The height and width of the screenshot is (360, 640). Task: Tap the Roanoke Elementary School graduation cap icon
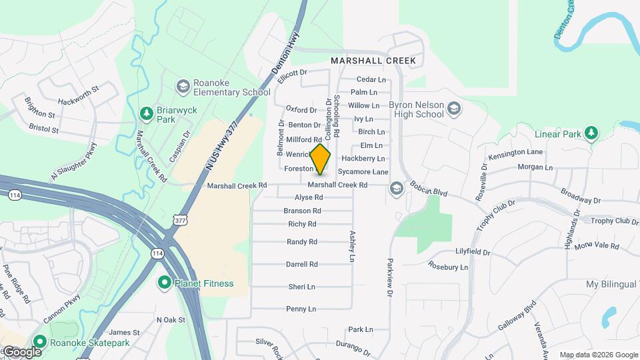(x=182, y=87)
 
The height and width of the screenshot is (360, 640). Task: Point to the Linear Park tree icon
(x=591, y=133)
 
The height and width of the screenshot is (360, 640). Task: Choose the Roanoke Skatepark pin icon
(x=39, y=343)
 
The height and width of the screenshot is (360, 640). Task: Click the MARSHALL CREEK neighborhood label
(x=373, y=61)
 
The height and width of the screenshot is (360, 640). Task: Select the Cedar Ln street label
(x=372, y=79)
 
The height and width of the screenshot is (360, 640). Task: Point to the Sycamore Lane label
(x=367, y=172)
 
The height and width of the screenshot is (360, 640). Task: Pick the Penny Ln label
(x=301, y=309)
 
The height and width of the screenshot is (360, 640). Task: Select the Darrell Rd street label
(x=302, y=264)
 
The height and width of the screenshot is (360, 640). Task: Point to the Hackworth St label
(x=78, y=87)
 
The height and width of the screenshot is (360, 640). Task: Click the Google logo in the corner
(x=22, y=351)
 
